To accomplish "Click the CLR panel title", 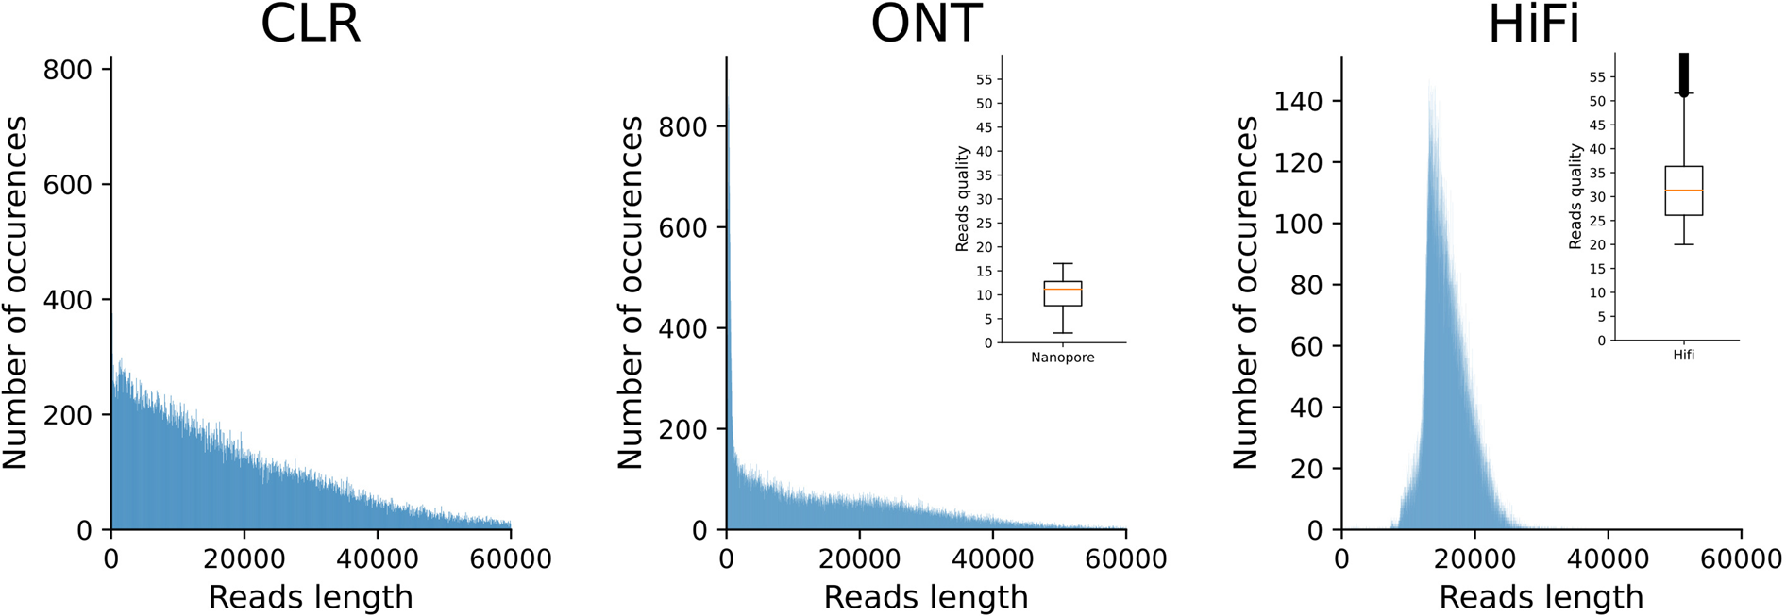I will coord(311,25).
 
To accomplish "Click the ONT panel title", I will coord(926,25).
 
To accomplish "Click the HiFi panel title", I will coord(1534,25).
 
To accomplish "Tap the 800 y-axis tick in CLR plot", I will coord(68,70).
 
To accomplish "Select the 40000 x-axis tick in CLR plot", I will coord(378,558).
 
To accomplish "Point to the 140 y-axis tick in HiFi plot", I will coord(1299,101).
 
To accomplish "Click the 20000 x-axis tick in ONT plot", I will coord(859,558).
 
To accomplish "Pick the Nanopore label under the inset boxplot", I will coord(1063,358).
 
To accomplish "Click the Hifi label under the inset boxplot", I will coord(1684,356).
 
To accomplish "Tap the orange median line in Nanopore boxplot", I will coord(1063,289).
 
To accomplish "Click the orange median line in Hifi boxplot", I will coord(1684,191).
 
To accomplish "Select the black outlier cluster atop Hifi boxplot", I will coord(1684,74).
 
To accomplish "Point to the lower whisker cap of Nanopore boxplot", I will coord(1063,333).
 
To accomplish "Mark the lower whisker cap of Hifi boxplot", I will coord(1684,244).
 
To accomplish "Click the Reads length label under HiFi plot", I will coord(1542,597).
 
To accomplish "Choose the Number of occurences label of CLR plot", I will coord(15,292).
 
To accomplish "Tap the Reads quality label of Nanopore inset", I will coord(962,199).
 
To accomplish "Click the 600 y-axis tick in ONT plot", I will coord(682,227).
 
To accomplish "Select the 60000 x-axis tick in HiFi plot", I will coord(1741,558).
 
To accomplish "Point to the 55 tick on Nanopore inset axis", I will coord(984,79).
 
